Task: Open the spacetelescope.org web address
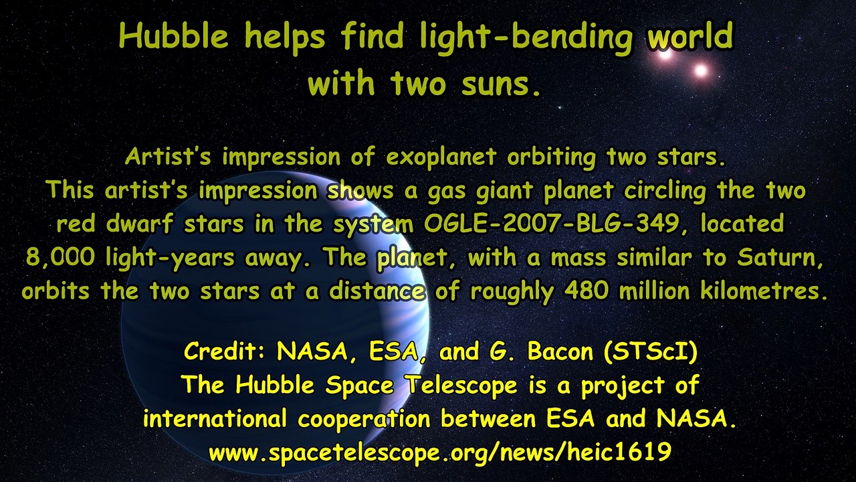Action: point(439,453)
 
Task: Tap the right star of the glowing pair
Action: point(700,70)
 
